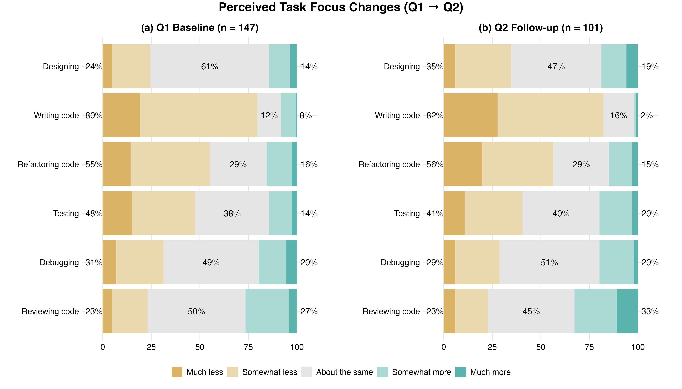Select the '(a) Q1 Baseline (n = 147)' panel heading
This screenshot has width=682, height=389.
(200, 28)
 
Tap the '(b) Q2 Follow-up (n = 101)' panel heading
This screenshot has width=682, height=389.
(541, 28)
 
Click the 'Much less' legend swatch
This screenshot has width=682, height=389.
(177, 372)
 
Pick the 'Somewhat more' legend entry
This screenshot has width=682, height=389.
(421, 372)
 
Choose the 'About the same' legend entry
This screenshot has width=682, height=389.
(344, 372)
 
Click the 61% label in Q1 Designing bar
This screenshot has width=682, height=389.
(210, 66)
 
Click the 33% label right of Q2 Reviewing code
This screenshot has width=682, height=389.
(650, 312)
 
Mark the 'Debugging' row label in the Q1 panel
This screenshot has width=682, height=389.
(59, 262)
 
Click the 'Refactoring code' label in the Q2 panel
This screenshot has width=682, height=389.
(389, 164)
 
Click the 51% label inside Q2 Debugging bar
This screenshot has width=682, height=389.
(549, 262)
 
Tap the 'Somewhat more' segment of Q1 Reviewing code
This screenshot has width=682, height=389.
(267, 311)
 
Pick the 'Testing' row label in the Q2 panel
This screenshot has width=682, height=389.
(407, 213)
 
